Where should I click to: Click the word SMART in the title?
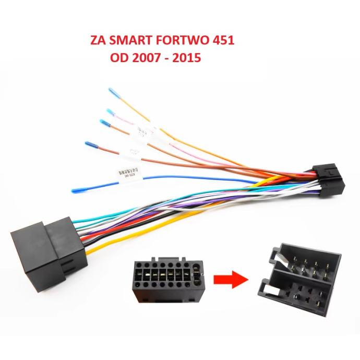127,41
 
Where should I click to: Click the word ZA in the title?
97,41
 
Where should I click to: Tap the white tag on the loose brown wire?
134,152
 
